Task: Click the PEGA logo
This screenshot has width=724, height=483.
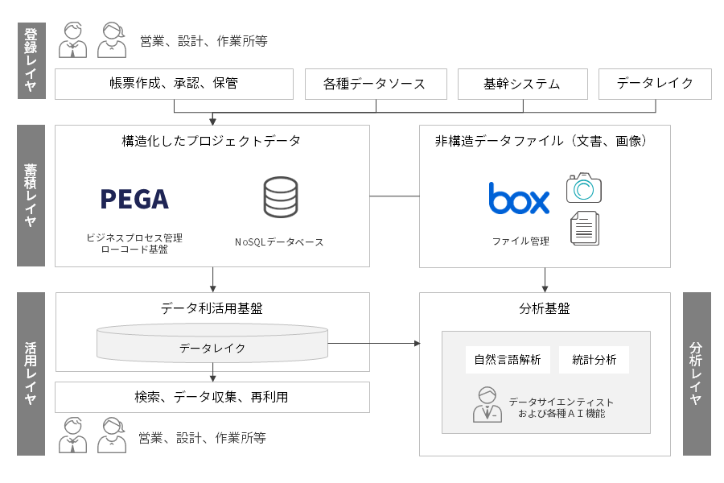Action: (x=134, y=198)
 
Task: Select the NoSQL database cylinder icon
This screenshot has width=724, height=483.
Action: (x=280, y=197)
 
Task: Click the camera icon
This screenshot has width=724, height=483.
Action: (x=584, y=188)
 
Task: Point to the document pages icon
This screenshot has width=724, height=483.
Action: (x=585, y=228)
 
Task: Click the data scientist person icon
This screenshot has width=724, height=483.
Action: (x=486, y=405)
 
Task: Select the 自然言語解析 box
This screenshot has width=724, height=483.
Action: (x=508, y=360)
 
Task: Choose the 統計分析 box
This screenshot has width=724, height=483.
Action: (x=594, y=360)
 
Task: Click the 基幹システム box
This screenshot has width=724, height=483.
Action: (x=521, y=84)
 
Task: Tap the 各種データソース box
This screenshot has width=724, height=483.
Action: (x=374, y=84)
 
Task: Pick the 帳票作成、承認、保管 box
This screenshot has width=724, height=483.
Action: (x=174, y=84)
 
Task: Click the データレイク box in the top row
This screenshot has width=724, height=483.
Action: (x=655, y=84)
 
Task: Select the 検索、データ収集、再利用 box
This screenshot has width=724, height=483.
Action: (x=212, y=397)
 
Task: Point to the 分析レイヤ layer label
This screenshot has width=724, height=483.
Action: (x=697, y=374)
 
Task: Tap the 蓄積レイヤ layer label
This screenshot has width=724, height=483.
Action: (x=31, y=196)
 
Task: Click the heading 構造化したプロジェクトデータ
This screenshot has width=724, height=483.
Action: (x=212, y=142)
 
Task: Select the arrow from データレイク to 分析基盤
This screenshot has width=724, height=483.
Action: (x=374, y=344)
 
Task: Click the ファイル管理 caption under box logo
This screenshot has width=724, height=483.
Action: (x=520, y=241)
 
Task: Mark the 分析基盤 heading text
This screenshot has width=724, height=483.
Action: (x=545, y=309)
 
